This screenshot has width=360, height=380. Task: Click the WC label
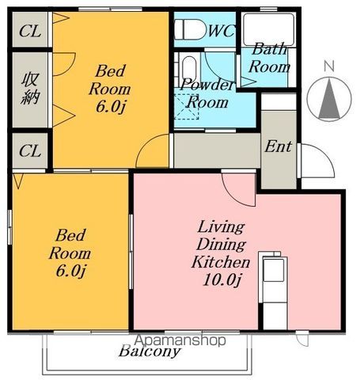(222, 31)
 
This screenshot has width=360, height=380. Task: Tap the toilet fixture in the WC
(190, 29)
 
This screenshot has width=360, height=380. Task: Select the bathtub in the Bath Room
(268, 30)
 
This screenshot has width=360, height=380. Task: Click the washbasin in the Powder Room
(189, 70)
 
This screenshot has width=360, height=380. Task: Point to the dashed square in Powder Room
(186, 107)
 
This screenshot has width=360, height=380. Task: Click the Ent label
(278, 146)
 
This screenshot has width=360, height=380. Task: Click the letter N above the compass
(329, 66)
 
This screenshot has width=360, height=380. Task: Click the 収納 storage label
(30, 89)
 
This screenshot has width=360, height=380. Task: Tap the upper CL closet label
(30, 32)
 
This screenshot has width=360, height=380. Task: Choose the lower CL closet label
(30, 151)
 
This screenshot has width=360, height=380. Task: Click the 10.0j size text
(222, 280)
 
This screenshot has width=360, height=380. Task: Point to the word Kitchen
(221, 262)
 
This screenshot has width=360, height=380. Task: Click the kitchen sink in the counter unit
(274, 270)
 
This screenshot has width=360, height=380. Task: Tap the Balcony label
(150, 352)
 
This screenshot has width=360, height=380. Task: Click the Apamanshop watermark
(180, 340)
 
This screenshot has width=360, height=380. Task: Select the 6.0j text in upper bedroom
(110, 107)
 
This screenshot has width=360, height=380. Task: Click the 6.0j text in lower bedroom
(70, 271)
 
